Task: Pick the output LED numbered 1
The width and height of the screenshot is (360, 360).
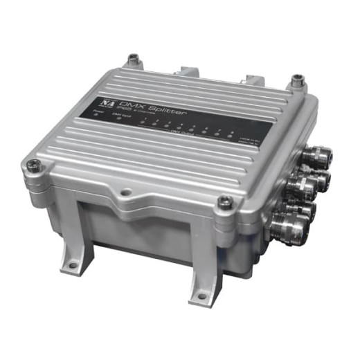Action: pos(143,123)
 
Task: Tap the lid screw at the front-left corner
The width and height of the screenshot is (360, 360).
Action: pos(33,165)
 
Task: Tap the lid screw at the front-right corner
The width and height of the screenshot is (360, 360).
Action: pos(224,201)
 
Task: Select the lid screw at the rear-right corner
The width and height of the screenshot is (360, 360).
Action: pos(297,82)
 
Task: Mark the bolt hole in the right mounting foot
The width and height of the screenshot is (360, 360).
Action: pos(202,296)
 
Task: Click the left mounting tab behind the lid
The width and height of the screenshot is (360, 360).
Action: pos(188,71)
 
